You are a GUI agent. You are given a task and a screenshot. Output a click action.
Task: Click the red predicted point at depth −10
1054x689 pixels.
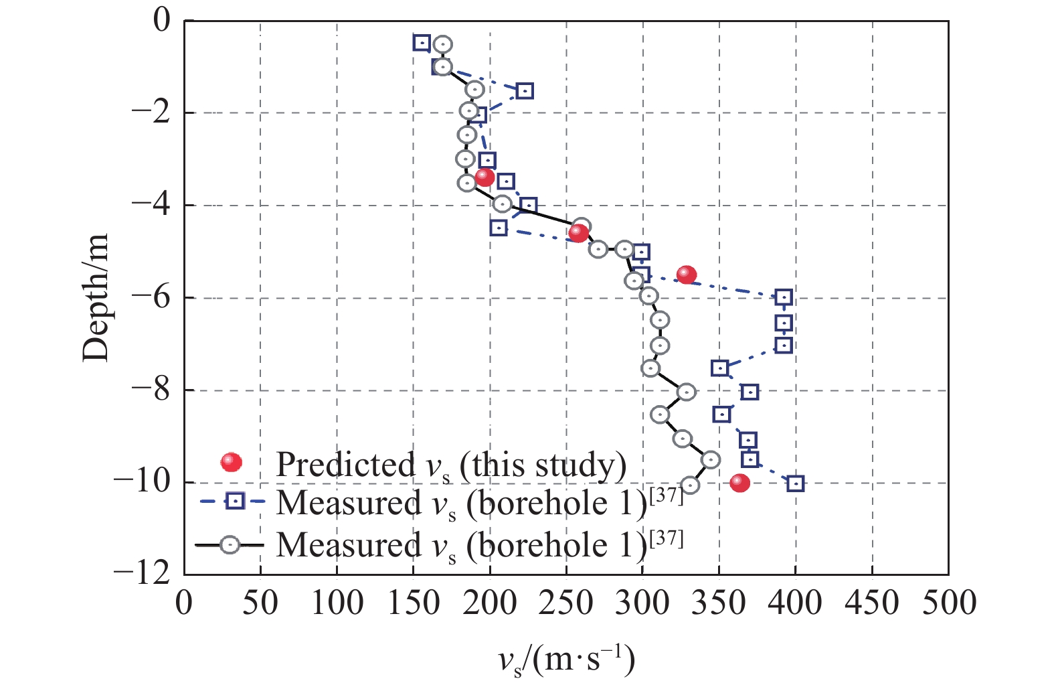pyautogui.click(x=739, y=483)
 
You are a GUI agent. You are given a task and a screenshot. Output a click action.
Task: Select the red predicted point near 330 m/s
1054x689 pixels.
pyautogui.click(x=687, y=275)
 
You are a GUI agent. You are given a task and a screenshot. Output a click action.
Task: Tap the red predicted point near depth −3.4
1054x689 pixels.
pyautogui.click(x=485, y=177)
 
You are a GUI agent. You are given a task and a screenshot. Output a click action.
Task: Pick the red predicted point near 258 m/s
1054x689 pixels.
pyautogui.click(x=578, y=233)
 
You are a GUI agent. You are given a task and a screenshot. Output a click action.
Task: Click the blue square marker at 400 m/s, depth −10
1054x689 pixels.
pyautogui.click(x=795, y=483)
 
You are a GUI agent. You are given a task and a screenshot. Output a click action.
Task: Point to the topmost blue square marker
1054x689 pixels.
pyautogui.click(x=422, y=43)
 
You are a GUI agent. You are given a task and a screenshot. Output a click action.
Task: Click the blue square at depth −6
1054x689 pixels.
pyautogui.click(x=784, y=297)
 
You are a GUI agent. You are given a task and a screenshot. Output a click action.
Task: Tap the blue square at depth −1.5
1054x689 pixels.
pyautogui.click(x=525, y=90)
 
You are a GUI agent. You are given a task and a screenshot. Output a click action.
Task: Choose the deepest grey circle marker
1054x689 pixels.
pyautogui.click(x=691, y=485)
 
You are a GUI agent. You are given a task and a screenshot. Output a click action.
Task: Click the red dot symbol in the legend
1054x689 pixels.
pyautogui.click(x=232, y=462)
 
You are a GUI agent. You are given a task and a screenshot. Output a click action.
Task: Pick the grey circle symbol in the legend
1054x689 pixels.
pyautogui.click(x=230, y=545)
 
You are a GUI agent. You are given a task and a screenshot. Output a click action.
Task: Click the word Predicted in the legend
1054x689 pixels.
pyautogui.click(x=346, y=464)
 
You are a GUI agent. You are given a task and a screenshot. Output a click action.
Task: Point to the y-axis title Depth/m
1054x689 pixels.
pyautogui.click(x=96, y=298)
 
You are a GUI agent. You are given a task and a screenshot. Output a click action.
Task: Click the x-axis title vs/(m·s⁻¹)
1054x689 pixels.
pyautogui.click(x=566, y=660)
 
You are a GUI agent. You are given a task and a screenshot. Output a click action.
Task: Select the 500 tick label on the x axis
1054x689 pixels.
pyautogui.click(x=949, y=603)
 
